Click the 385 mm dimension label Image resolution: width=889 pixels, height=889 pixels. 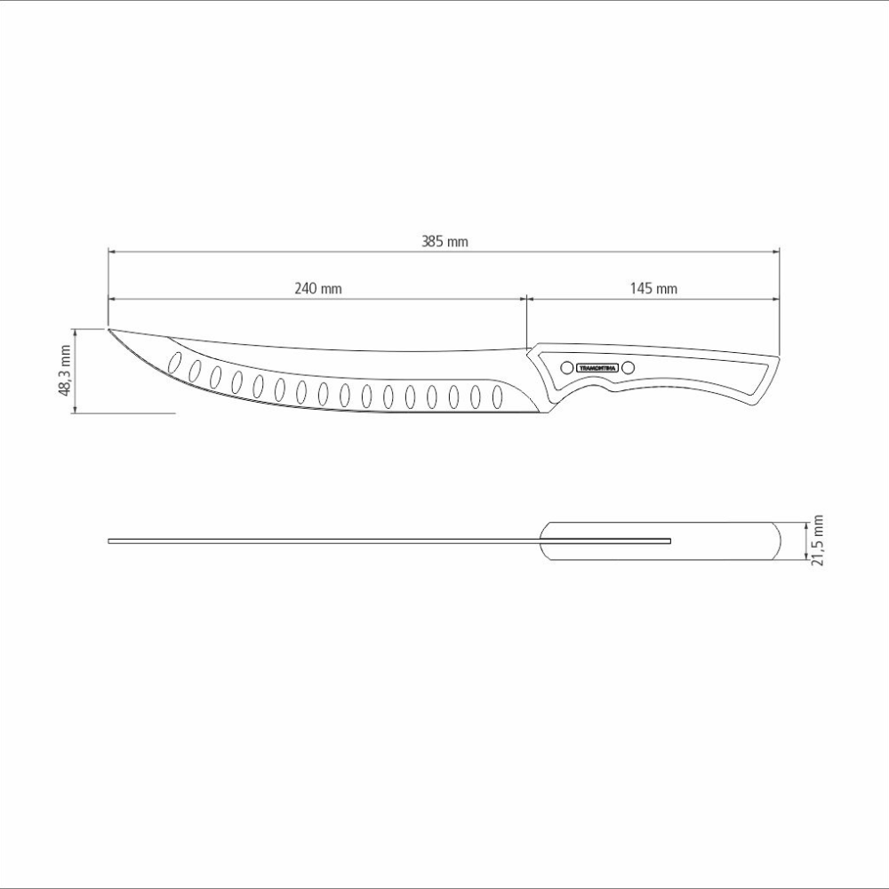[x=444, y=242]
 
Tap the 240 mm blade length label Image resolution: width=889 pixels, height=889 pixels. [x=318, y=288]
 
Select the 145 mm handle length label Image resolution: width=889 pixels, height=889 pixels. [x=653, y=288]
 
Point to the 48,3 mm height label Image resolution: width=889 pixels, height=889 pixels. [x=65, y=371]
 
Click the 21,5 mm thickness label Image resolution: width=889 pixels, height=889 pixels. [x=817, y=541]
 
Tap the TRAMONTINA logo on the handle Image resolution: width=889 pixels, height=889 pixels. [x=597, y=368]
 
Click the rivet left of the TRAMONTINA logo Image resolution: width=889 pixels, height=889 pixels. [x=566, y=368]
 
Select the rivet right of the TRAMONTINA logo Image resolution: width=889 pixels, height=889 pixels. [x=628, y=368]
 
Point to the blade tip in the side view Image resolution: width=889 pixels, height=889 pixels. [x=108, y=329]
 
